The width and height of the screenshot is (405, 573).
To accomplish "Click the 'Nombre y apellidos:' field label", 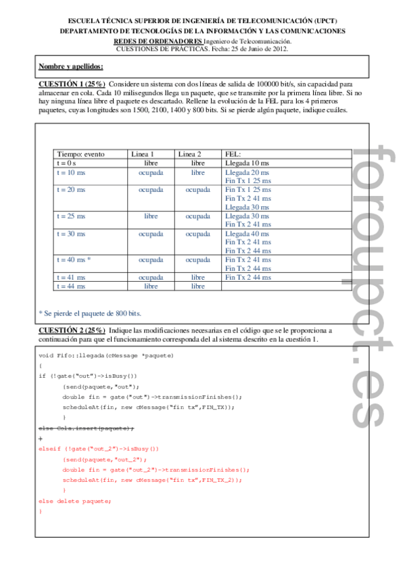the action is tap(71, 66).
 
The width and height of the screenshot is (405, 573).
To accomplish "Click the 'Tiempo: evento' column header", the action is tap(80, 155).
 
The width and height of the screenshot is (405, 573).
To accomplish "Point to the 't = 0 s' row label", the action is tap(66, 164).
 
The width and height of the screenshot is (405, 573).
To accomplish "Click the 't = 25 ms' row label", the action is tap(71, 216).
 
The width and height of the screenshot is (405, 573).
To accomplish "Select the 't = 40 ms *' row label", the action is tap(74, 259).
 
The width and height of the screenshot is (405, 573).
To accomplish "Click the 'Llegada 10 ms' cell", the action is tap(247, 164).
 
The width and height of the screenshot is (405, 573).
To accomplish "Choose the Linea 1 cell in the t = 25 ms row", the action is tap(151, 216).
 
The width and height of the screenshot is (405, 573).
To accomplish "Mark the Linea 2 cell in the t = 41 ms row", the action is tap(197, 277).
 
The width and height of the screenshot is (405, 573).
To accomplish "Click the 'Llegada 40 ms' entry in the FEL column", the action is tap(247, 234).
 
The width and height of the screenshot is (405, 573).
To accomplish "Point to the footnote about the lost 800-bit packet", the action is tap(91, 313).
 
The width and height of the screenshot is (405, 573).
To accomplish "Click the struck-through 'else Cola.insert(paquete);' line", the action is tap(87, 428).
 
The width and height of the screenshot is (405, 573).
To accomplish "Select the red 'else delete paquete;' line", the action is tap(75, 501).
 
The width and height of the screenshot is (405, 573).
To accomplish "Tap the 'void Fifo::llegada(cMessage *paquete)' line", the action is tap(106, 355).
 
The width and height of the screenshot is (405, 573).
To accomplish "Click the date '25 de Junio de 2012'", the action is tap(259, 49).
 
